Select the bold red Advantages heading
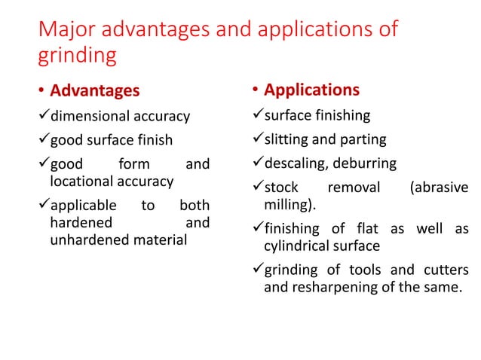[94, 91]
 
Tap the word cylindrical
[300, 246]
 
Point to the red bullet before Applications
[256, 91]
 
